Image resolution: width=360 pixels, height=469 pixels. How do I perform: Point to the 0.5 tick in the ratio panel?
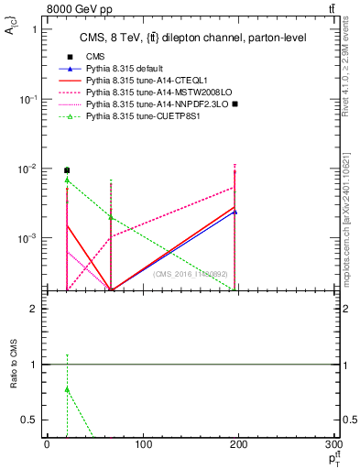36,420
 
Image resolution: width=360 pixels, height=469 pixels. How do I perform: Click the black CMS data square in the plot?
67,170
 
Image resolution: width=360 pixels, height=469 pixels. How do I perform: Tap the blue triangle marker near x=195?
235,212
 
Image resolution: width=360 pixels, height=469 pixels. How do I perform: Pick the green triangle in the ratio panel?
67,389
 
